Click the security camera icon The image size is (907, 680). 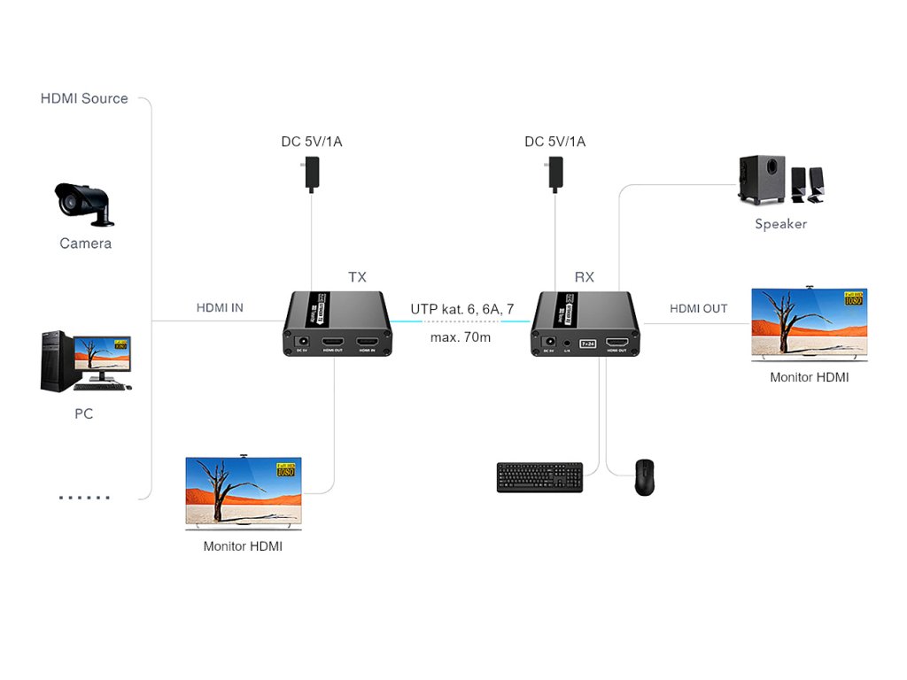(x=84, y=202)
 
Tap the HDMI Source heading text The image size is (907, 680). (x=84, y=98)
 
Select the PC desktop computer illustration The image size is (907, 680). (x=85, y=362)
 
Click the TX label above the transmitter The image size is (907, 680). (x=357, y=277)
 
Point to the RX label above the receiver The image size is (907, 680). (x=585, y=277)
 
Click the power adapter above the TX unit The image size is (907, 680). (x=312, y=174)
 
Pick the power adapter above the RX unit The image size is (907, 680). (x=555, y=174)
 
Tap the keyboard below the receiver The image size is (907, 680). (x=539, y=477)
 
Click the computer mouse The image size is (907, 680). (x=644, y=477)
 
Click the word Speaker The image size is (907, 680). (x=780, y=224)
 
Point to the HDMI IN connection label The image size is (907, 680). (x=220, y=308)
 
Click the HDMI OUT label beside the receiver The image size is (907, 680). (x=698, y=309)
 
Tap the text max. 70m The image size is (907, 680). (x=461, y=337)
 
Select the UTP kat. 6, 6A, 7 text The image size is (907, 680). (x=461, y=309)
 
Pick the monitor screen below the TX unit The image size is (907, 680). (x=244, y=491)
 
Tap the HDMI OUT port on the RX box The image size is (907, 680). (x=622, y=342)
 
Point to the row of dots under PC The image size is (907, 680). (x=84, y=498)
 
